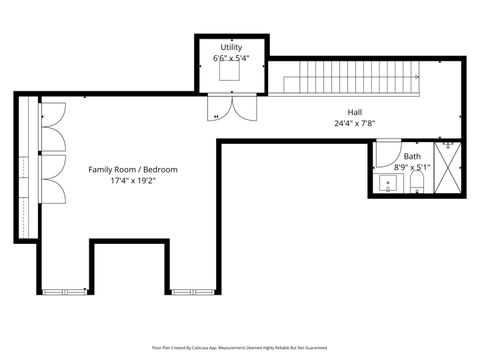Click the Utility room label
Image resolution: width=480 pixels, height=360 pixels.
pos(230,47)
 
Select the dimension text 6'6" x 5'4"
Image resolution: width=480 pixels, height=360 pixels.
pos(230,58)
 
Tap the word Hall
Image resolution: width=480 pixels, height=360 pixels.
pos(355,113)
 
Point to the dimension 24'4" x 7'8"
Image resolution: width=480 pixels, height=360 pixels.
pos(355,124)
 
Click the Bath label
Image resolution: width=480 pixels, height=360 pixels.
pos(412,157)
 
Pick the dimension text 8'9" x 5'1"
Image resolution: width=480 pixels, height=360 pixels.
pos(412,168)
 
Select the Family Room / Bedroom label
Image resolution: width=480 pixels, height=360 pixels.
pos(133,170)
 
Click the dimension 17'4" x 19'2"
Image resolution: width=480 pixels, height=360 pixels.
pos(133,181)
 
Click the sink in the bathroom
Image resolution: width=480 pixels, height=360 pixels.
pos(386,184)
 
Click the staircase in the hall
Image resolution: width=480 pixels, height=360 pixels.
pos(345,77)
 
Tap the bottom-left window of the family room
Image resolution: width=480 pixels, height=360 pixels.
pos(65,291)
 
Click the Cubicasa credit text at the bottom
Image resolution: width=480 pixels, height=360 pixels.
pos(240,346)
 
